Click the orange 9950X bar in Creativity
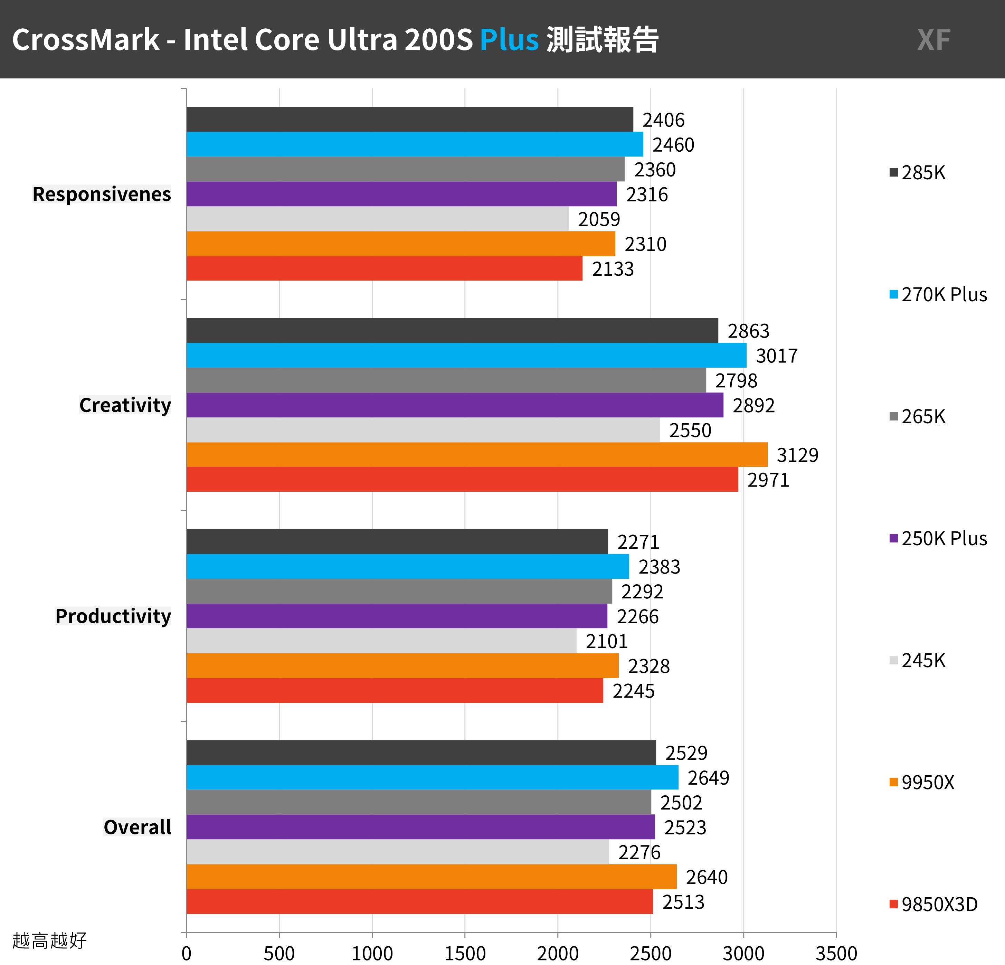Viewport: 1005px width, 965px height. pyautogui.click(x=477, y=454)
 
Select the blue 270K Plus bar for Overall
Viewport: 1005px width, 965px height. pyautogui.click(x=432, y=777)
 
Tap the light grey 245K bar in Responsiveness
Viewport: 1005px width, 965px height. pyautogui.click(x=377, y=219)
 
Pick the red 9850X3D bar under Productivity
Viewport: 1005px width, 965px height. pyautogui.click(x=395, y=690)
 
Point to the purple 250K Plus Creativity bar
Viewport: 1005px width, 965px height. pyautogui.click(x=455, y=405)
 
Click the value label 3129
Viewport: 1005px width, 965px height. pyautogui.click(x=797, y=455)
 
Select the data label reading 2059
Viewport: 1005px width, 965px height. pyautogui.click(x=599, y=219)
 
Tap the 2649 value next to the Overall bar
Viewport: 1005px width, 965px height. pyautogui.click(x=708, y=778)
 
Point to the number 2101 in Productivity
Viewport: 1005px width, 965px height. pyautogui.click(x=607, y=641)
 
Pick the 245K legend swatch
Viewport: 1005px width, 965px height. pyautogui.click(x=894, y=660)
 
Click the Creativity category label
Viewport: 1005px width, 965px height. pyautogui.click(x=125, y=405)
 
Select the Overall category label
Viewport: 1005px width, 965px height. pyautogui.click(x=137, y=827)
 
